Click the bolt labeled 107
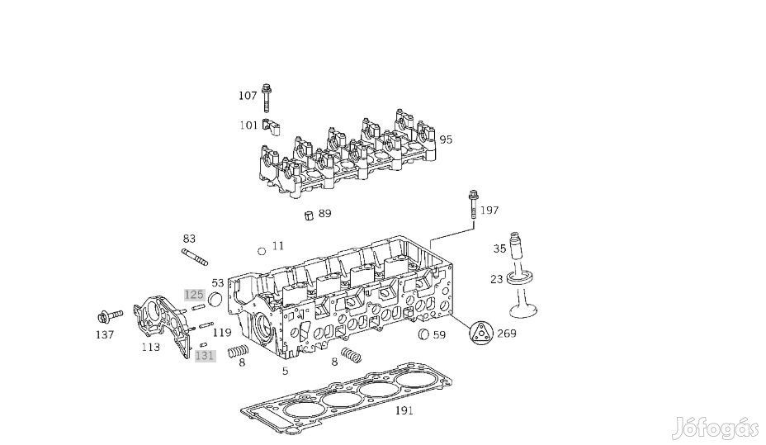[x=266, y=98]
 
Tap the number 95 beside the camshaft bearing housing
[x=446, y=140]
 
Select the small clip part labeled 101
[x=271, y=127]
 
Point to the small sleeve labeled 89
[x=308, y=215]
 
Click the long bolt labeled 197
[x=473, y=205]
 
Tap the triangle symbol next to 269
[x=481, y=334]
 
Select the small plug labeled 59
[x=424, y=334]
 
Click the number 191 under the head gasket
[x=404, y=410]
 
